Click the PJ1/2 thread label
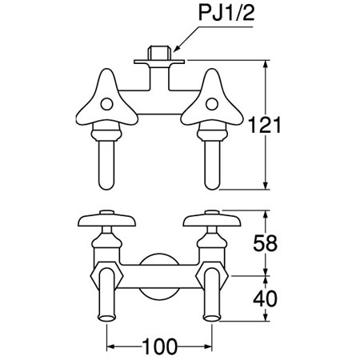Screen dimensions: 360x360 click(226, 13)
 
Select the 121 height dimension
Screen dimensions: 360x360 click(265, 125)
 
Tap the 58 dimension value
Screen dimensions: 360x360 click(265, 243)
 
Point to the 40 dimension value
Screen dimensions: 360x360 click(265, 298)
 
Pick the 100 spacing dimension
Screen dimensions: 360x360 click(159, 346)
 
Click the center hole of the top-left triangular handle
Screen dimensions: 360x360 click(106, 104)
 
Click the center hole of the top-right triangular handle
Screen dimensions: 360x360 click(212, 104)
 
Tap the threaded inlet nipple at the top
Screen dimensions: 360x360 click(159, 53)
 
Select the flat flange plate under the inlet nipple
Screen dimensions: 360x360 click(159, 62)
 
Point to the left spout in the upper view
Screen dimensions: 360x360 click(106, 165)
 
